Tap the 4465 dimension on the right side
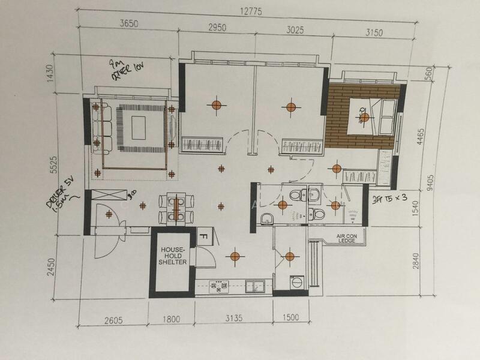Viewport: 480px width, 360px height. click(424, 136)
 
